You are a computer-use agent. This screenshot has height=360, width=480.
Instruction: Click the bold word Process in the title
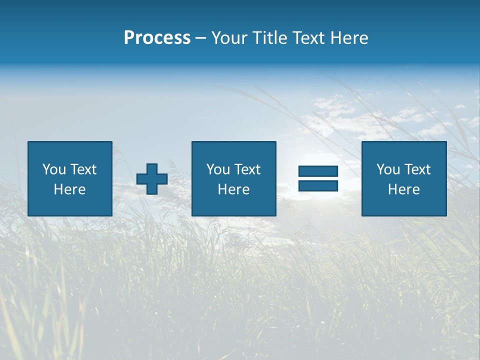coord(157,38)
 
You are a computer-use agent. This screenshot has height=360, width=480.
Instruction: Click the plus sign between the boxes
coord(152,178)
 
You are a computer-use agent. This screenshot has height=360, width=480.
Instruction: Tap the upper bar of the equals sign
coord(318,171)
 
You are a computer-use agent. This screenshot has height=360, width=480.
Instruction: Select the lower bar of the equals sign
coord(318,185)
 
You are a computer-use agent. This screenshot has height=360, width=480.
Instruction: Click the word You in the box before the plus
coord(54,169)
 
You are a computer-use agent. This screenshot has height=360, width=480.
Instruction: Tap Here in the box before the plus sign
coord(69,189)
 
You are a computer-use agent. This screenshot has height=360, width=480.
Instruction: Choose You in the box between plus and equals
coord(218,169)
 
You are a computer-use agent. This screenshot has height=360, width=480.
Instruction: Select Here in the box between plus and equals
coord(233,189)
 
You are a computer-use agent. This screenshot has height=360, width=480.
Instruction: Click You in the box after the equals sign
coord(388,169)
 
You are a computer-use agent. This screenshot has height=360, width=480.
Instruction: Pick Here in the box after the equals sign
coord(403,189)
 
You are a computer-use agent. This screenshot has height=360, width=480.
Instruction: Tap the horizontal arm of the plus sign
coord(141,178)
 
